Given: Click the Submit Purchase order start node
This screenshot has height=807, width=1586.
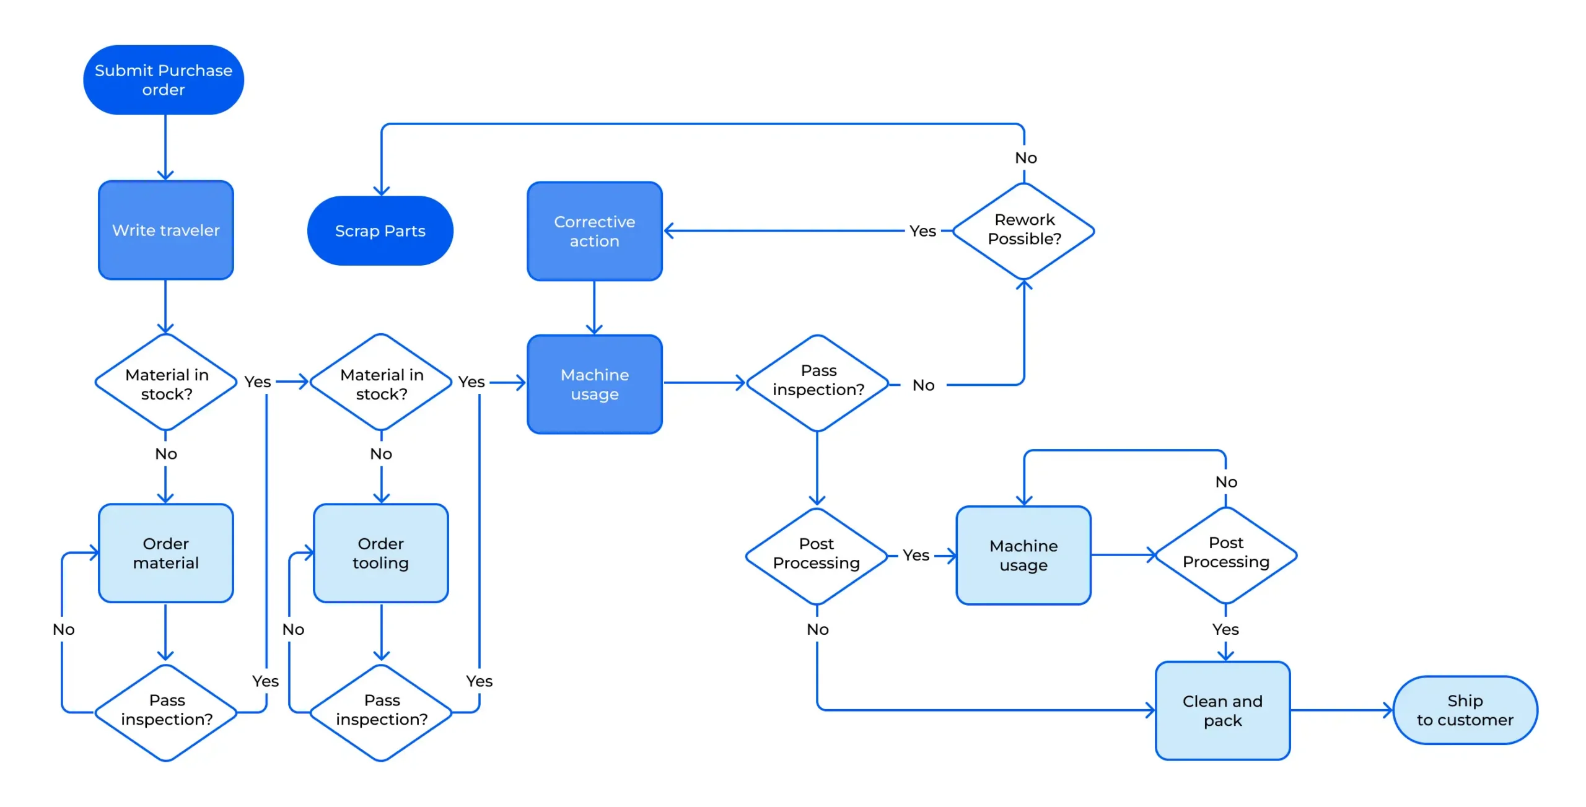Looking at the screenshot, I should coord(164,80).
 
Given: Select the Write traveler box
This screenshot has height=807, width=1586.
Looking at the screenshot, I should coord(165,230).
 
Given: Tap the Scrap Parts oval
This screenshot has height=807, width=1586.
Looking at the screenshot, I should coord(380,231).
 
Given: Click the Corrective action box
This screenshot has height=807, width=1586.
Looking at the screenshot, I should coord(594,231).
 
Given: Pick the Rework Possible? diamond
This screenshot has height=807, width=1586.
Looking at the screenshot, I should coord(1023,230).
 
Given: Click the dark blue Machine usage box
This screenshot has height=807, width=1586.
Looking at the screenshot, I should coord(594,384).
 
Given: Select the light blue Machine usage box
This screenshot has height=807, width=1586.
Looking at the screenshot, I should coord(1023,556).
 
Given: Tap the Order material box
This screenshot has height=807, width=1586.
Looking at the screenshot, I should coord(165,553).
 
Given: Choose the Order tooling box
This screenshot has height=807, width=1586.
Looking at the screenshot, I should coord(380,553).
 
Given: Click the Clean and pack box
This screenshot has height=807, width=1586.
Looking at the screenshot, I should coord(1222,711).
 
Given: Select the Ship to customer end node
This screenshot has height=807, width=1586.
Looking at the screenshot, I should coord(1465,710).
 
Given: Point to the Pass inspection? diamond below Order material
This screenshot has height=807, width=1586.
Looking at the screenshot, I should coord(166,712).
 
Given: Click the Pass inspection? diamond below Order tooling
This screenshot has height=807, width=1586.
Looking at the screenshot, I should coord(381,712).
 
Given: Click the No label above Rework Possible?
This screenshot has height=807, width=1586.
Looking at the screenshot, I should coord(1025,158).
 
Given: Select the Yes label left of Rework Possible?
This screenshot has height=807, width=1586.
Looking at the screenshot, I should coord(922,231).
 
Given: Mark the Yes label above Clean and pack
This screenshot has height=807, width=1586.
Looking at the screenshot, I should coord(1225,630).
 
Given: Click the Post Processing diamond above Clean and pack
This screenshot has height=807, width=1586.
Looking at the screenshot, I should coord(1225,553).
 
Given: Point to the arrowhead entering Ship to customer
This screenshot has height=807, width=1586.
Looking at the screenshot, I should coord(1388,710).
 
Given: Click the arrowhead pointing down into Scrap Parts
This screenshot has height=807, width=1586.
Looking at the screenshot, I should coord(382,191).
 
